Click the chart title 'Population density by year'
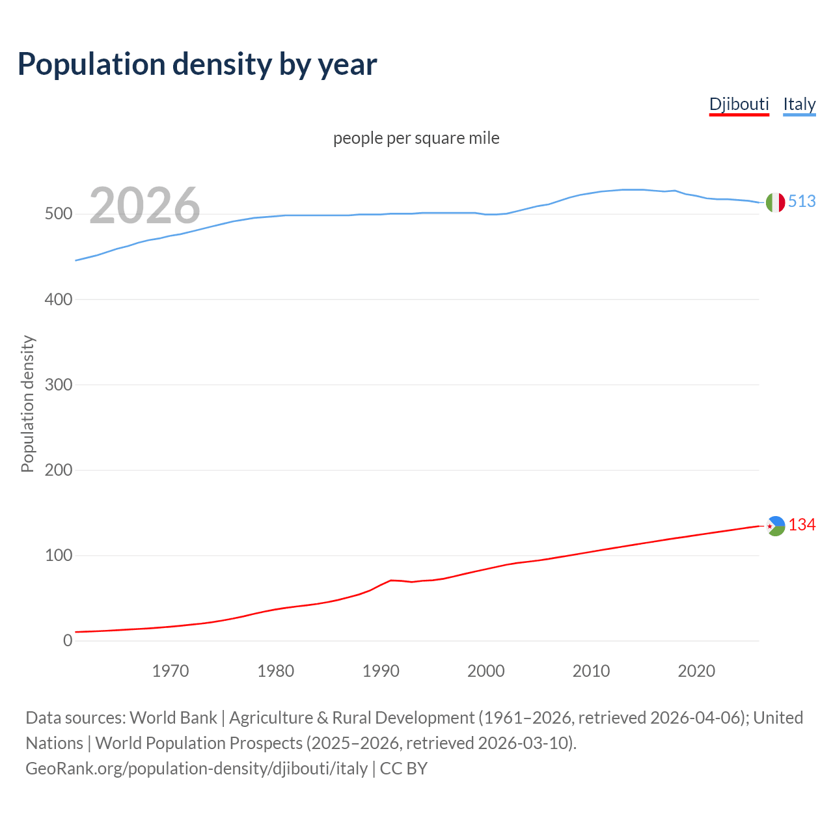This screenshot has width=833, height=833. coord(197,64)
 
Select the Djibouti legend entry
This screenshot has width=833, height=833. coord(739,104)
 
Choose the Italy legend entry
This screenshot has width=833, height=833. coord(799,104)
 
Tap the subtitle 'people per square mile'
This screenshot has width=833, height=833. coord(416,138)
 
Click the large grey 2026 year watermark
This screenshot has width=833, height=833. coord(144,206)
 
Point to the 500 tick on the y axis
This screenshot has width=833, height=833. coord(58,214)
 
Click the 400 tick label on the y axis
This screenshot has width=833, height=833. coord(58,299)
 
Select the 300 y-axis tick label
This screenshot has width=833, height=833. coord(58,385)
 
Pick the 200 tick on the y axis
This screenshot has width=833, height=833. coord(58,470)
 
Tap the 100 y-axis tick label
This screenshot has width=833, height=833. coord(58,555)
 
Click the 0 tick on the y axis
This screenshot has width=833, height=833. coord(68,640)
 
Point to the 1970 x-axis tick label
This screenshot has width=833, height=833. coord(171,671)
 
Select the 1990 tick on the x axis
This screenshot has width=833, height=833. coord(381,671)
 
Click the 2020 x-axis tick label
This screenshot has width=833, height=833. coord(696,671)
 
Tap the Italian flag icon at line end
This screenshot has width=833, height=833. coord(775,202)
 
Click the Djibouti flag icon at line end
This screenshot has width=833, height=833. coord(775,526)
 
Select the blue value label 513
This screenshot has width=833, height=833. coord(802,202)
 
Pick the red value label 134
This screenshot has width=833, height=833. coord(802,525)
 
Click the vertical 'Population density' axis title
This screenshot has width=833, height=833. coord(27,403)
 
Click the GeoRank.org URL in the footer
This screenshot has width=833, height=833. coord(197,769)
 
